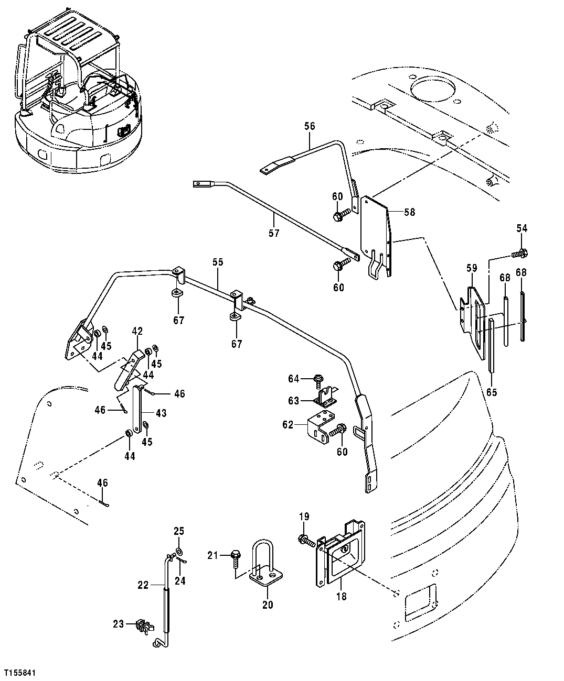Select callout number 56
pos(310,126)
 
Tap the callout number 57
pos(274,233)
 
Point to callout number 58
pos(410,212)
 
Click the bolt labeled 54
pos(518,254)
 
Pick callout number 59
pos(472,268)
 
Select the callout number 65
pos(491,391)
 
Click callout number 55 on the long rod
pos(218,261)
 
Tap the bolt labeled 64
pos(318,378)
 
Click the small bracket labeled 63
pos(326,398)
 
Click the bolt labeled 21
pos(235,555)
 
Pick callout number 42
pos(137,331)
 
